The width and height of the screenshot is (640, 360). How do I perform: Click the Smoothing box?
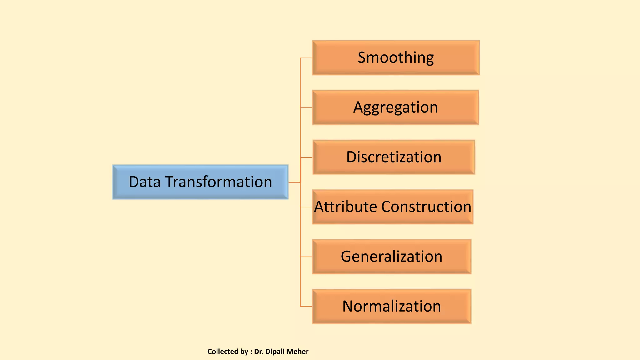396,57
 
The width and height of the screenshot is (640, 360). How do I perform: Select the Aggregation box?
396,107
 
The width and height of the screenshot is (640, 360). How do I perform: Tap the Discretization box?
394,157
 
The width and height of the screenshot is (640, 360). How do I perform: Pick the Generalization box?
392,257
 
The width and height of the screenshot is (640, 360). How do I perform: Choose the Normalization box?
392,306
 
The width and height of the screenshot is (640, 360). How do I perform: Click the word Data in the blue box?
144,182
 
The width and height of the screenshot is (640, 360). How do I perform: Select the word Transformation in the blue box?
218,182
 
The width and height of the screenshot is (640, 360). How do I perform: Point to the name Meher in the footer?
297,352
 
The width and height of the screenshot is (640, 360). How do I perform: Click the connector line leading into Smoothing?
306,58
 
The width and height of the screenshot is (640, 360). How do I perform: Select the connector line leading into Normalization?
306,307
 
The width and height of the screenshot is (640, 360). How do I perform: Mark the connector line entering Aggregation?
306,107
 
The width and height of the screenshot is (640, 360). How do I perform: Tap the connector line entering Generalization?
306,257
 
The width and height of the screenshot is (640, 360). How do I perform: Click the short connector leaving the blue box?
294,182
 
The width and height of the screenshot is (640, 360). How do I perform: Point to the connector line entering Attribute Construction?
306,207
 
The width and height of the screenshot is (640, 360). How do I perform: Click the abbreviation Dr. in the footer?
258,352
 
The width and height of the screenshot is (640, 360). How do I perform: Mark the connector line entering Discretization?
307,157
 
